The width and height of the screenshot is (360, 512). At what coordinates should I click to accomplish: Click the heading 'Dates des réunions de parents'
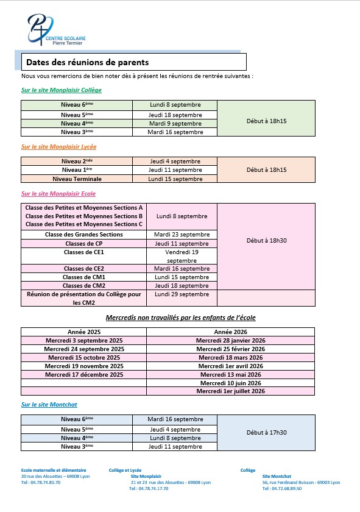(x=87, y=62)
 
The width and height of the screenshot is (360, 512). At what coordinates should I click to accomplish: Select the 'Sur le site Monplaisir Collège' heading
(x=61, y=90)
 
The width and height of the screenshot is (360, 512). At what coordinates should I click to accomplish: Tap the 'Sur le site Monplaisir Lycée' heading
(x=58, y=147)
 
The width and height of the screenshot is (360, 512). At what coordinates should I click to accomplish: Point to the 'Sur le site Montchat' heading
(x=49, y=405)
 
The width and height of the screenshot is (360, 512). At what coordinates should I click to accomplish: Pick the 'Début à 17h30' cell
(x=266, y=433)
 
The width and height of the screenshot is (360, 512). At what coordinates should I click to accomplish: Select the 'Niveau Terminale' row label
(x=77, y=179)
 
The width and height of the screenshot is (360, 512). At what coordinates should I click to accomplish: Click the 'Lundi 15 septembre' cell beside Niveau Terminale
(x=175, y=179)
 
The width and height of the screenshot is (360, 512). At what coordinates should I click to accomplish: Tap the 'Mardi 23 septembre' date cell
(x=182, y=235)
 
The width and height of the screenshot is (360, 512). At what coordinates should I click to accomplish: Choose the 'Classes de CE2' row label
(x=84, y=269)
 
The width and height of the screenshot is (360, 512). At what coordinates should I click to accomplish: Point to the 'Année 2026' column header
(x=230, y=332)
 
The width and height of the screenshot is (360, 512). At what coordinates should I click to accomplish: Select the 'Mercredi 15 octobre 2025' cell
(x=84, y=358)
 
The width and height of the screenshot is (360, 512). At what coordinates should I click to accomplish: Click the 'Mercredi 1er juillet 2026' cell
(x=230, y=391)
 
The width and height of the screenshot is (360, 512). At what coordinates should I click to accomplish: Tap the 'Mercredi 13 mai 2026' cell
(x=230, y=375)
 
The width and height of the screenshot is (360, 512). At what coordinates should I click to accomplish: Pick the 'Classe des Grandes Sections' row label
(x=84, y=235)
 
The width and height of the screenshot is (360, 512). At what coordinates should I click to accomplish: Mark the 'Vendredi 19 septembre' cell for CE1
(x=182, y=255)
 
